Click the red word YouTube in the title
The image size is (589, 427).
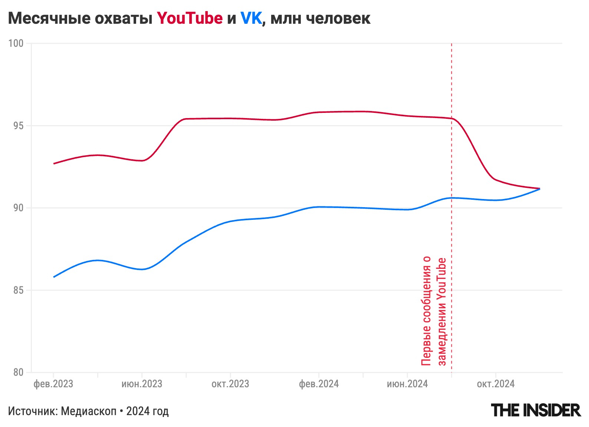190,18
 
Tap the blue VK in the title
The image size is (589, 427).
251,18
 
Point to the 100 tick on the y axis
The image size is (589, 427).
16,43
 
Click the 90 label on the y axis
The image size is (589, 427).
18,208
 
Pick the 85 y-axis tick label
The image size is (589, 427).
18,290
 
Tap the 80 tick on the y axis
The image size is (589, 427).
18,372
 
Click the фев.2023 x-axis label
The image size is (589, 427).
53,384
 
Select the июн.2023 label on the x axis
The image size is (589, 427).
142,384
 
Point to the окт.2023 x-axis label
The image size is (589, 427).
230,384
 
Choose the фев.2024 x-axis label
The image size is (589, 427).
319,384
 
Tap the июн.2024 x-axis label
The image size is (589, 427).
407,384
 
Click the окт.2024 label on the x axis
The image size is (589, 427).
496,384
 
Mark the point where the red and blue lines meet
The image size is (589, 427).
539,189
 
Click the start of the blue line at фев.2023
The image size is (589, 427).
54,277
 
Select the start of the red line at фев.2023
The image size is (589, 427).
54,163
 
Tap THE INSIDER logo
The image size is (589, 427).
536,410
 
